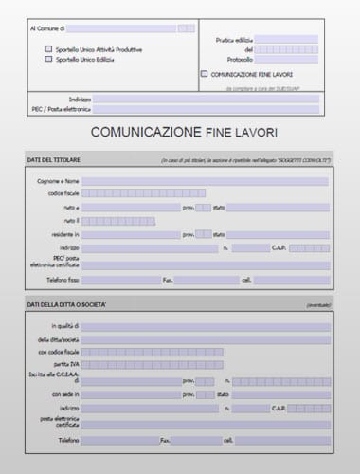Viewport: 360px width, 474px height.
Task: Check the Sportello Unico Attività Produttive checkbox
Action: (x=48, y=49)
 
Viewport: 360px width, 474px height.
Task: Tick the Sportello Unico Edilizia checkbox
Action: (x=48, y=60)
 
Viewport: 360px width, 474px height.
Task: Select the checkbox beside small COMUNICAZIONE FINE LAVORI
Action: (x=205, y=73)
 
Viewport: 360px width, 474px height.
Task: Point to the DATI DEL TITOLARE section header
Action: (x=54, y=160)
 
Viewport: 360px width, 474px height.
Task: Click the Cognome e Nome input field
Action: (x=205, y=180)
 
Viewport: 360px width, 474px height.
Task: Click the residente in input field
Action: (x=131, y=234)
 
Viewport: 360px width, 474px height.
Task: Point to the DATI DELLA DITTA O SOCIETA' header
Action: (x=66, y=305)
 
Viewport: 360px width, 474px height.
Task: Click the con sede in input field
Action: (x=131, y=393)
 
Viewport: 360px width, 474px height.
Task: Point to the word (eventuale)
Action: (x=317, y=305)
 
